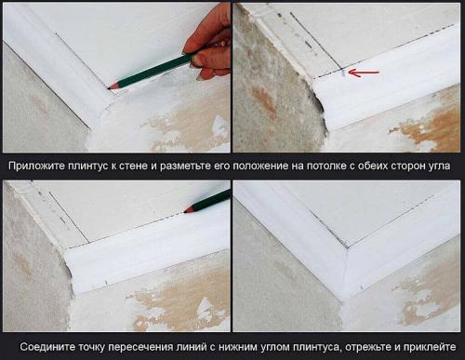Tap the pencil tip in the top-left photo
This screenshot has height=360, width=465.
click(112, 86)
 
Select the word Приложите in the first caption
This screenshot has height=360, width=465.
click(36, 166)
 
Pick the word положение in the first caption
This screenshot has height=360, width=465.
click(256, 166)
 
